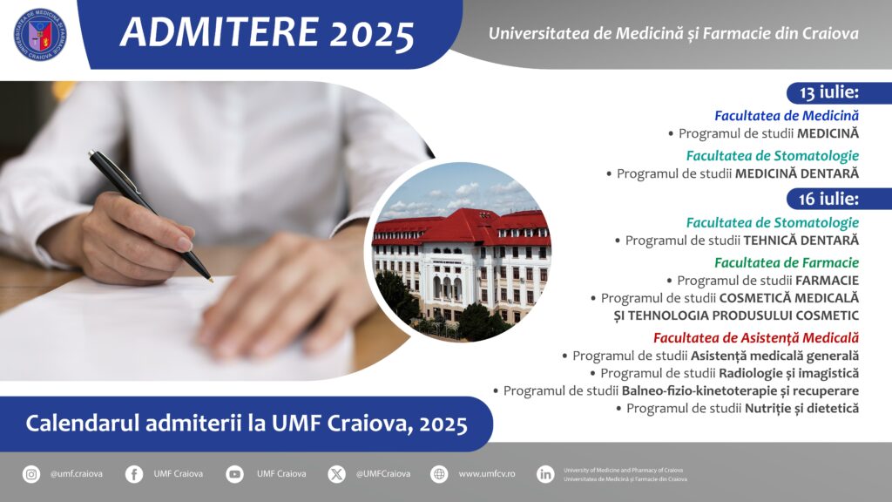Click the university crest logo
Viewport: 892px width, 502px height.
(40, 34)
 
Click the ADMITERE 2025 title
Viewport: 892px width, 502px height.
(267, 32)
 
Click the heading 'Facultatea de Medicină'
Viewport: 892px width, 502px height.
(787, 116)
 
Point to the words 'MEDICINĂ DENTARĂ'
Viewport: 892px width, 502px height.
(797, 173)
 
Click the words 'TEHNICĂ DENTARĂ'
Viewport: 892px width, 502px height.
(801, 241)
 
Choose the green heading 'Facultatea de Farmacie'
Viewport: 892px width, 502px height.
(787, 262)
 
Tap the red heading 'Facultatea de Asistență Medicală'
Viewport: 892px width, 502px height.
(756, 337)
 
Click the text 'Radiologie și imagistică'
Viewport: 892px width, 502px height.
(789, 373)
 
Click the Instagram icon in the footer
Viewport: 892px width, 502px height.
(31, 473)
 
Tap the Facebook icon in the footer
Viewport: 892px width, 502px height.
(134, 473)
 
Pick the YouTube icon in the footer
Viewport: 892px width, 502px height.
(234, 473)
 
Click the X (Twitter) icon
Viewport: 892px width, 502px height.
(337, 473)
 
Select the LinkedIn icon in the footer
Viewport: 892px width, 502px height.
(545, 473)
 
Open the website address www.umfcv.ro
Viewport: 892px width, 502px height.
(487, 473)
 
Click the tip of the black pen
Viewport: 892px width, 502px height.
(212, 281)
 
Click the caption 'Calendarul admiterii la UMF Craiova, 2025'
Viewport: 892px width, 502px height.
(247, 424)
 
